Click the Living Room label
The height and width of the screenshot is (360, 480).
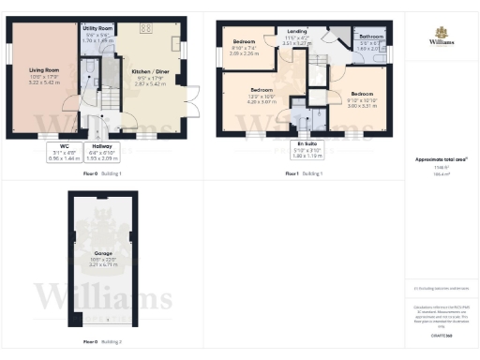tap(44, 76)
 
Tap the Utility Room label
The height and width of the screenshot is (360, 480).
tap(97, 35)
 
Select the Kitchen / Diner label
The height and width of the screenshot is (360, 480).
tap(150, 75)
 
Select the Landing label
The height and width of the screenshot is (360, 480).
tap(297, 37)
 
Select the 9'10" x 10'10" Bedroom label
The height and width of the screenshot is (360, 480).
tap(362, 98)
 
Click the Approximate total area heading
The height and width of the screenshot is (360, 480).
tap(442, 159)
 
